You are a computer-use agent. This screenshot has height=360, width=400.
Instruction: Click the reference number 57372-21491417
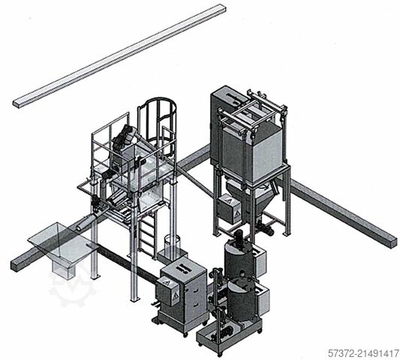[x=363, y=354]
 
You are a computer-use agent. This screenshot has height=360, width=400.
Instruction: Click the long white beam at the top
[x=119, y=56]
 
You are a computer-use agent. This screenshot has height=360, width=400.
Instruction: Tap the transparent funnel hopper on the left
[x=63, y=248]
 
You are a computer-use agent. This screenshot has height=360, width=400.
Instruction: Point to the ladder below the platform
[x=148, y=235]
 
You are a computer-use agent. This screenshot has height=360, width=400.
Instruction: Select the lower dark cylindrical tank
[x=241, y=299]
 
